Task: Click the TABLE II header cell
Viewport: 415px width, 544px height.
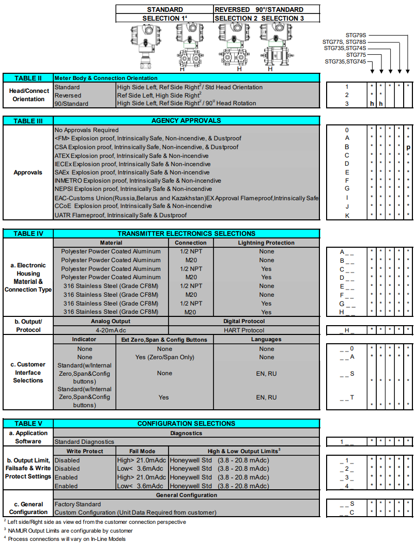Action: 28,78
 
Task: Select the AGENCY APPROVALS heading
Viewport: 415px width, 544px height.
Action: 186,120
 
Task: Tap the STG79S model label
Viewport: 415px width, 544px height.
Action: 356,35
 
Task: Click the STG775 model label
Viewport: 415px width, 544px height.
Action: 356,55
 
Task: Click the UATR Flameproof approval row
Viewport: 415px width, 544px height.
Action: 120,215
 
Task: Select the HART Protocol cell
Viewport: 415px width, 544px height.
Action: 244,330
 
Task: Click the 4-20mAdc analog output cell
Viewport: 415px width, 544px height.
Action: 111,330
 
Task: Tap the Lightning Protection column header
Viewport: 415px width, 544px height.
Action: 266,243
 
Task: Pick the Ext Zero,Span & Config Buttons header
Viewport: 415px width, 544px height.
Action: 164,340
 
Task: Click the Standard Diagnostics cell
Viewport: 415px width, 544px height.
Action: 84,442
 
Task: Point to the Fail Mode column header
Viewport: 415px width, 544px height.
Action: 142,451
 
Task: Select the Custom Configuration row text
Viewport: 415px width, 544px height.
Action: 135,513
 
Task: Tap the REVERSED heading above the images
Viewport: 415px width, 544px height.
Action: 232,9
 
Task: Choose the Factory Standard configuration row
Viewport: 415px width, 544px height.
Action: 78,504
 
